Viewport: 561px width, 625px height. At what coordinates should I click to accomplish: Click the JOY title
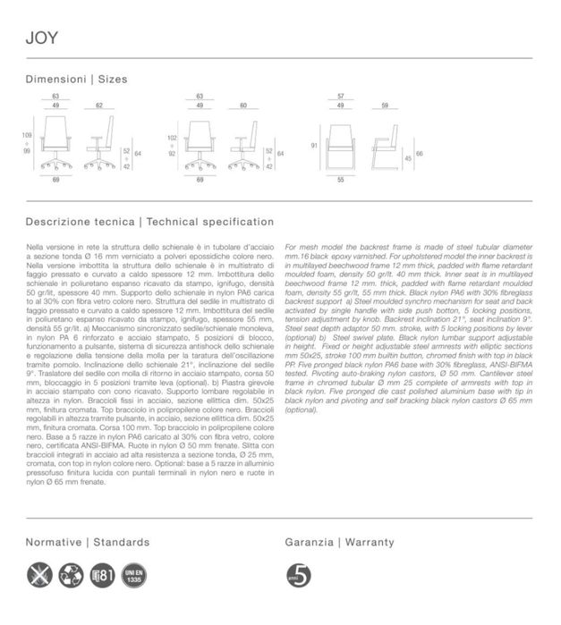click(x=41, y=38)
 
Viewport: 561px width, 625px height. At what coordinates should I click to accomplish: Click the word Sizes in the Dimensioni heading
click(x=112, y=80)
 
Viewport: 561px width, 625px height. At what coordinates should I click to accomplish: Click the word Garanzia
click(x=309, y=543)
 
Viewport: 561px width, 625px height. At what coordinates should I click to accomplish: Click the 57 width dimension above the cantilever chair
click(x=341, y=96)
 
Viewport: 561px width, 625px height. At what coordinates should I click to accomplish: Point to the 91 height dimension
click(x=314, y=144)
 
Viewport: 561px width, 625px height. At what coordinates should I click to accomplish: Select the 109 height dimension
click(x=27, y=135)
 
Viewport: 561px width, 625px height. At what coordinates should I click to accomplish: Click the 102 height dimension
click(x=172, y=139)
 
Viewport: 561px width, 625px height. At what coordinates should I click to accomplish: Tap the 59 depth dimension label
click(x=385, y=106)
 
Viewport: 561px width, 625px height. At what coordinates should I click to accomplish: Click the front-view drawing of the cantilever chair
click(x=341, y=143)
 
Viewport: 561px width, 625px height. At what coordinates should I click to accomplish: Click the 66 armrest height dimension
click(x=420, y=154)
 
